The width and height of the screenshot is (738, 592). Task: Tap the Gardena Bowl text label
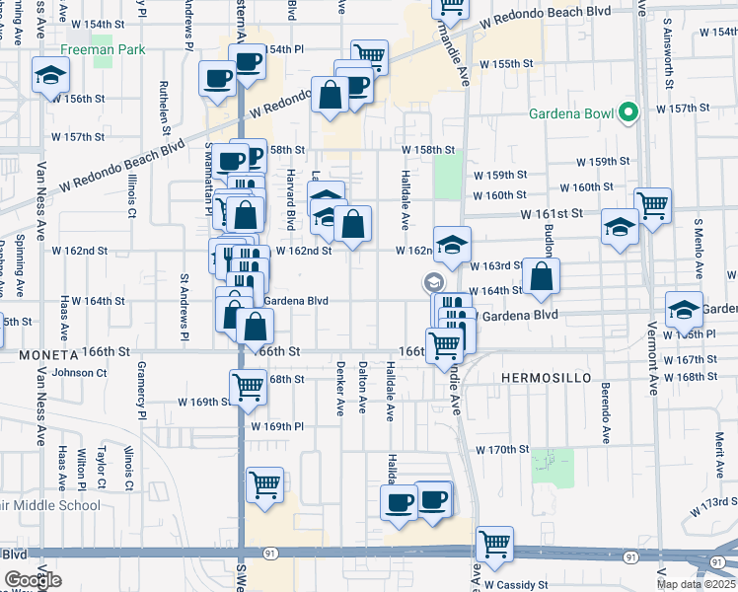point(572,113)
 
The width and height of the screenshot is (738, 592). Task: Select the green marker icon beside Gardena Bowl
point(627,113)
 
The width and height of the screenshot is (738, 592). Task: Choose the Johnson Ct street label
point(79,372)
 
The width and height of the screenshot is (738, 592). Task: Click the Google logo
point(33,580)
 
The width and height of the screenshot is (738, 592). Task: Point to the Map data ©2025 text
point(693,584)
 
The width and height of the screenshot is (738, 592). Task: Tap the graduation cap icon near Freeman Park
point(49,75)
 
